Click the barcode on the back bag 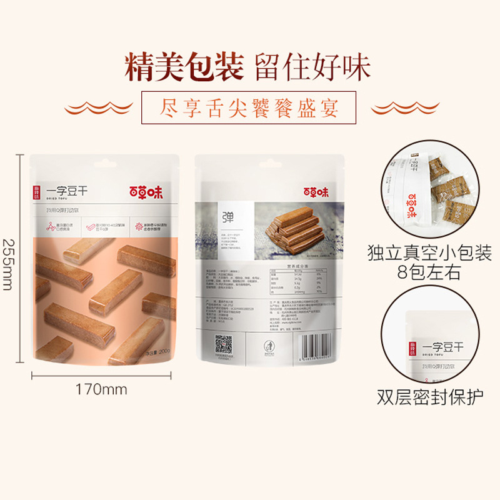[x=324, y=344]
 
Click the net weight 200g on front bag [x=158, y=351]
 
